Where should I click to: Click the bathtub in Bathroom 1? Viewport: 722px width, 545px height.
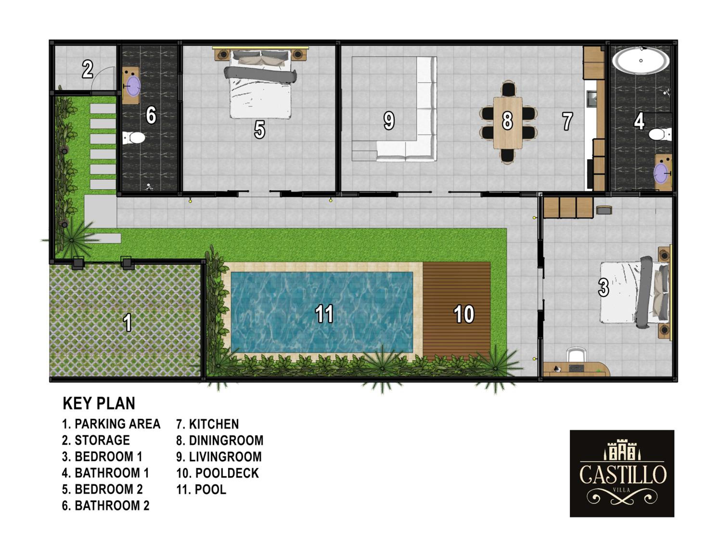[640, 61]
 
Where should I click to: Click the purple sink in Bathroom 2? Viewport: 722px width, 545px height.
[133, 86]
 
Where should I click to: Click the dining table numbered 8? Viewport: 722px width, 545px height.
[508, 123]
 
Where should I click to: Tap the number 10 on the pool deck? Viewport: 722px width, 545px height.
[464, 314]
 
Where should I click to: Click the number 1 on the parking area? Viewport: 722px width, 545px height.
[127, 322]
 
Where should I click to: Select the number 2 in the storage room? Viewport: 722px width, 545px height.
[87, 69]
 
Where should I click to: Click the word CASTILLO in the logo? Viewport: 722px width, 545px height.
[622, 474]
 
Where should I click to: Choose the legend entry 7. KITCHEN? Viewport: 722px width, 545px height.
[208, 424]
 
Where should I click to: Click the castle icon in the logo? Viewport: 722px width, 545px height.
[622, 450]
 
